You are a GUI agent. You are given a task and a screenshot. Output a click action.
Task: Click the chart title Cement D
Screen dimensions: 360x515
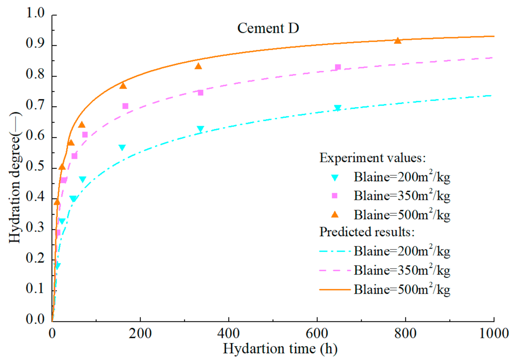point(268,28)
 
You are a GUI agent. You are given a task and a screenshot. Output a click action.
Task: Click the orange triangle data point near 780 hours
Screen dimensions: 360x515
point(397,41)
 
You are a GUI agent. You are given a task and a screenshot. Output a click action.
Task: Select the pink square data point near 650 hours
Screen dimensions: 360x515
point(338,67)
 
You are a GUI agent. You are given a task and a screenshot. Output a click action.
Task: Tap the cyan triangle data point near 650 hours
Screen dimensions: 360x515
point(338,108)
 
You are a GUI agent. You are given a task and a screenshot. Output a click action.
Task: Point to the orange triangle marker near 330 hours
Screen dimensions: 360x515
point(198,66)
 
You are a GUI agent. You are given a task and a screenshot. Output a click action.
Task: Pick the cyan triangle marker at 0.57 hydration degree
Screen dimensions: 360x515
point(122,147)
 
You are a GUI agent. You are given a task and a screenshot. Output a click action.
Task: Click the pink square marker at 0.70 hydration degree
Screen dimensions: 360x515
point(125,106)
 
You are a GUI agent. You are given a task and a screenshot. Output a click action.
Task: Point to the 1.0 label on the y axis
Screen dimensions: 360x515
point(35,13)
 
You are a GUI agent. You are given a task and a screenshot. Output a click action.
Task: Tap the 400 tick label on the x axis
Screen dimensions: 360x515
point(228,333)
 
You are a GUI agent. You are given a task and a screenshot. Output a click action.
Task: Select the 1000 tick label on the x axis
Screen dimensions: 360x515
point(494,333)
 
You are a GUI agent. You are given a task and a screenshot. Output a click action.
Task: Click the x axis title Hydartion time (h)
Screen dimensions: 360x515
point(280,349)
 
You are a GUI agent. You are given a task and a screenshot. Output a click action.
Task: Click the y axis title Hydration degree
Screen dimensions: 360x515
point(14,178)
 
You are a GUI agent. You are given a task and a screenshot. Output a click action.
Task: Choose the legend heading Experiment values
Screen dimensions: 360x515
point(372,158)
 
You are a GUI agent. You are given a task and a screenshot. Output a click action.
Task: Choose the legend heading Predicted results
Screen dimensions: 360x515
point(367,232)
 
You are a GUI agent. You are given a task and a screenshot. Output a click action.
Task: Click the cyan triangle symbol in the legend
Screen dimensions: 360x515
point(335,178)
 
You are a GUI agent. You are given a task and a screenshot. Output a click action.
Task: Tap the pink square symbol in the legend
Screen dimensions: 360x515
point(335,196)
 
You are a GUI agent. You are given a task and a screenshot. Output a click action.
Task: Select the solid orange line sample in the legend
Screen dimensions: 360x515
point(335,289)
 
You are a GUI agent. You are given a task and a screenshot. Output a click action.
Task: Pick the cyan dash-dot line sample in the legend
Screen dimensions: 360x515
point(335,251)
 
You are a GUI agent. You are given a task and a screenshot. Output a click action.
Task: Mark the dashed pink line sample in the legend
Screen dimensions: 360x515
point(335,271)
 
